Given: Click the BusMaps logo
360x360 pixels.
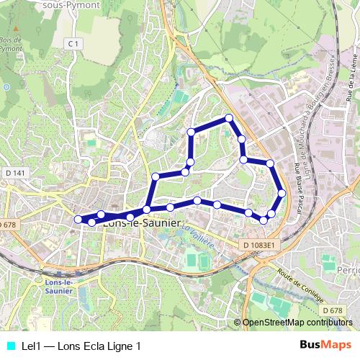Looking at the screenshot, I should point(325,345).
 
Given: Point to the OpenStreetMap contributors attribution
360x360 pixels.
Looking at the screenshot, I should point(297,322).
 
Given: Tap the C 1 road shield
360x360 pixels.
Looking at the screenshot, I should point(73,44).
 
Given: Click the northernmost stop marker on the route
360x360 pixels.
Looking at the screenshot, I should point(229,117).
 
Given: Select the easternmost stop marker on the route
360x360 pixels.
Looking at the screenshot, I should point(282,193).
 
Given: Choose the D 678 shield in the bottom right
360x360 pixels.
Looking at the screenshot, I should point(333,310).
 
